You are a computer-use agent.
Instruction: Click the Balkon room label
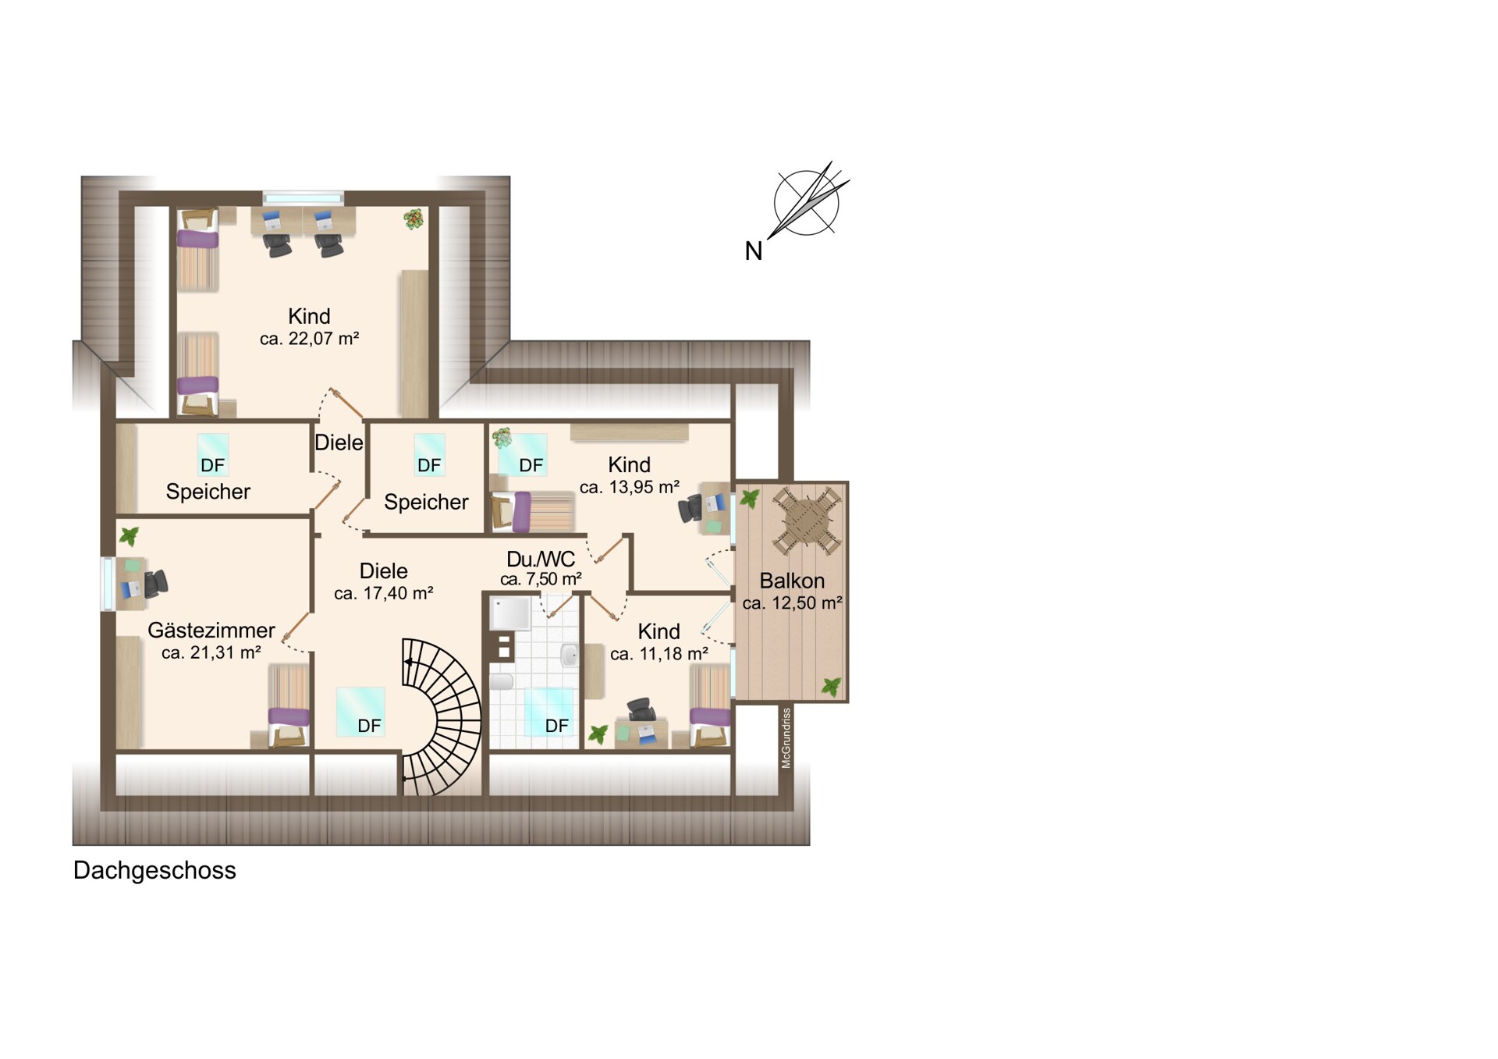click(792, 581)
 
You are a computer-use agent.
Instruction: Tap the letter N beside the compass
click(753, 251)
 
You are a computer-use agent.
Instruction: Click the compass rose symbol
click(807, 201)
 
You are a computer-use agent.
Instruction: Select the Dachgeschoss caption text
click(154, 871)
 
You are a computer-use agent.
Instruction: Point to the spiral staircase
click(442, 716)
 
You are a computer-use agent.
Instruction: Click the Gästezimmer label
click(211, 630)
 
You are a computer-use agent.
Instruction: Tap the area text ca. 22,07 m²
click(309, 339)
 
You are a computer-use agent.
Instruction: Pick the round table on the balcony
click(806, 520)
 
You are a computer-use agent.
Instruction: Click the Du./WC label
click(541, 559)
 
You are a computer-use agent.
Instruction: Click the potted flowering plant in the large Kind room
click(414, 219)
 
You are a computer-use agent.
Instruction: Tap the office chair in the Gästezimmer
click(155, 583)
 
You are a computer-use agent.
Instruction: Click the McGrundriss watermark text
click(786, 737)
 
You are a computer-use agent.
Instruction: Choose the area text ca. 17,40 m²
click(383, 594)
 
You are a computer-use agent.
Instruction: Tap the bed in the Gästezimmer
click(289, 706)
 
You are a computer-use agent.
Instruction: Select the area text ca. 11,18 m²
click(659, 654)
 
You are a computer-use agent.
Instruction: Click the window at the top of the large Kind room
click(304, 198)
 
